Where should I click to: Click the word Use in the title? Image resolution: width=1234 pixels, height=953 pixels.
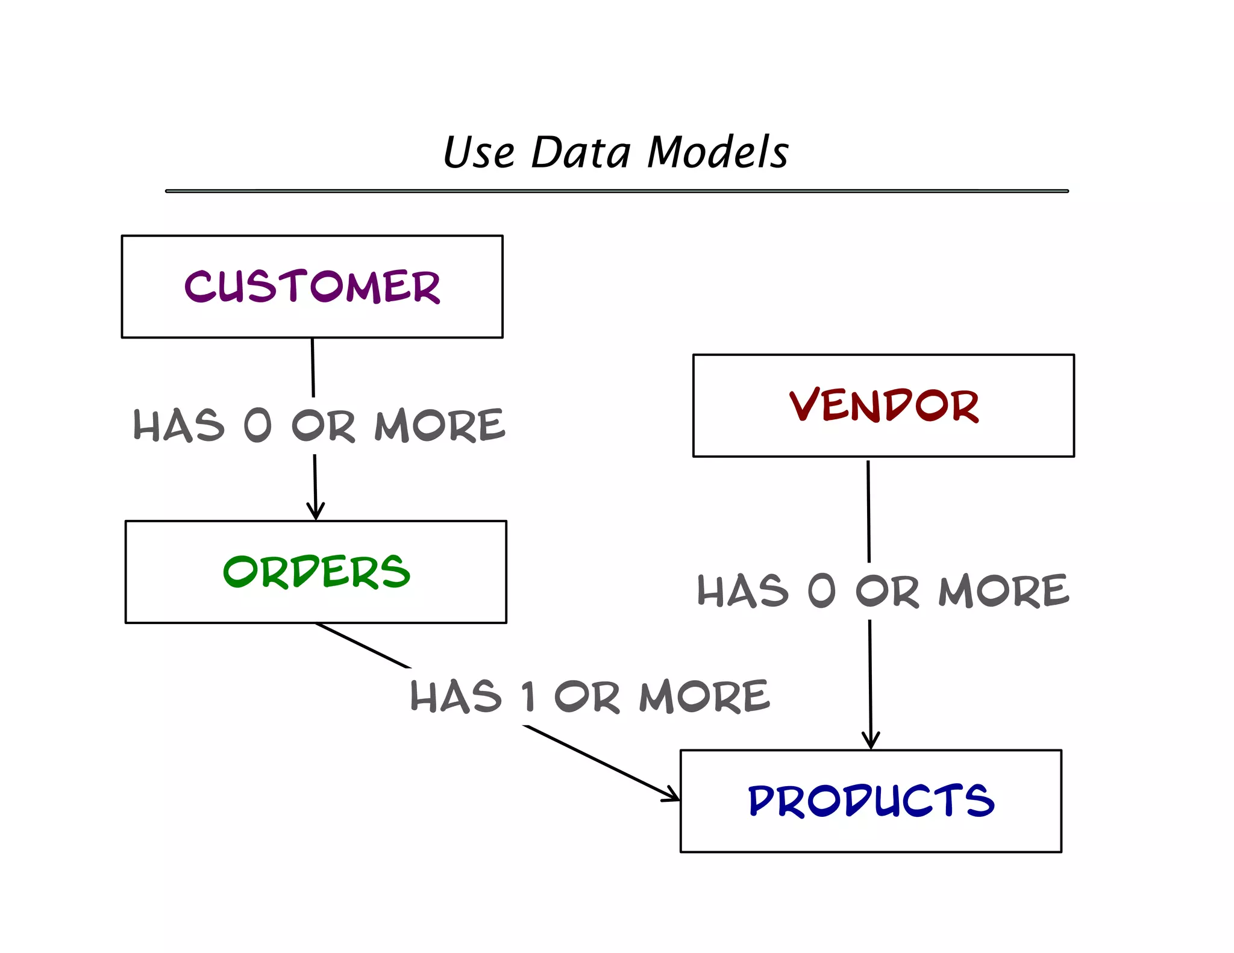pos(479,152)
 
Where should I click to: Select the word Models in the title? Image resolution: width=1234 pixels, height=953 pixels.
pos(717,152)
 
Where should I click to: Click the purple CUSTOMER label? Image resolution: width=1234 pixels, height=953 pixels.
pos(312,286)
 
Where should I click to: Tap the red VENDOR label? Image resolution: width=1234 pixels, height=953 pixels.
pos(883,405)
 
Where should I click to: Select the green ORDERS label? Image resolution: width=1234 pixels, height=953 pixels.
pos(316,572)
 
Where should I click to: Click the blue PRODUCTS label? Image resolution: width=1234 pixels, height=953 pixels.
pos(871,801)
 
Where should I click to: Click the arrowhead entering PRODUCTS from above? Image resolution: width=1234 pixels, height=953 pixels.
pos(871,742)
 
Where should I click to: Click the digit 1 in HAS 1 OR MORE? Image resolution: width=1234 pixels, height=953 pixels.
pos(528,696)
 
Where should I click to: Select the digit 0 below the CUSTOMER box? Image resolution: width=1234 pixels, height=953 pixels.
pos(258,425)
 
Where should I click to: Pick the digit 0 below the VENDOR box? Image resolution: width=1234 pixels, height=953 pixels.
pos(822,590)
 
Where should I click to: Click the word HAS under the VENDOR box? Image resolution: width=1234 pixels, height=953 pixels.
pos(742,590)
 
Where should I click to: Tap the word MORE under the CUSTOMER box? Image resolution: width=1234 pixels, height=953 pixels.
pos(439,425)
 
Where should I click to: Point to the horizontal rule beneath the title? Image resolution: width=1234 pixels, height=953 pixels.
pos(616,191)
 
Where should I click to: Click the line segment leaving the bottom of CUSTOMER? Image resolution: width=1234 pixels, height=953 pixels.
pos(313,367)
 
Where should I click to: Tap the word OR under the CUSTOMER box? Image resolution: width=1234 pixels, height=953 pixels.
pos(324,425)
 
